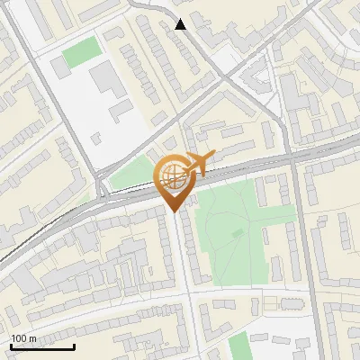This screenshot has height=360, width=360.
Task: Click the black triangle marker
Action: pos(181,24)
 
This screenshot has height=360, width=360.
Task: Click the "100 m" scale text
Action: pos(23,338)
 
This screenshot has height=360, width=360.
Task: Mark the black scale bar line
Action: pos(42,346)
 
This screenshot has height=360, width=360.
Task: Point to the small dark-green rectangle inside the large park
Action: pos(238,233)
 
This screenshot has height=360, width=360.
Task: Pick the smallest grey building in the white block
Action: pos(94,138)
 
